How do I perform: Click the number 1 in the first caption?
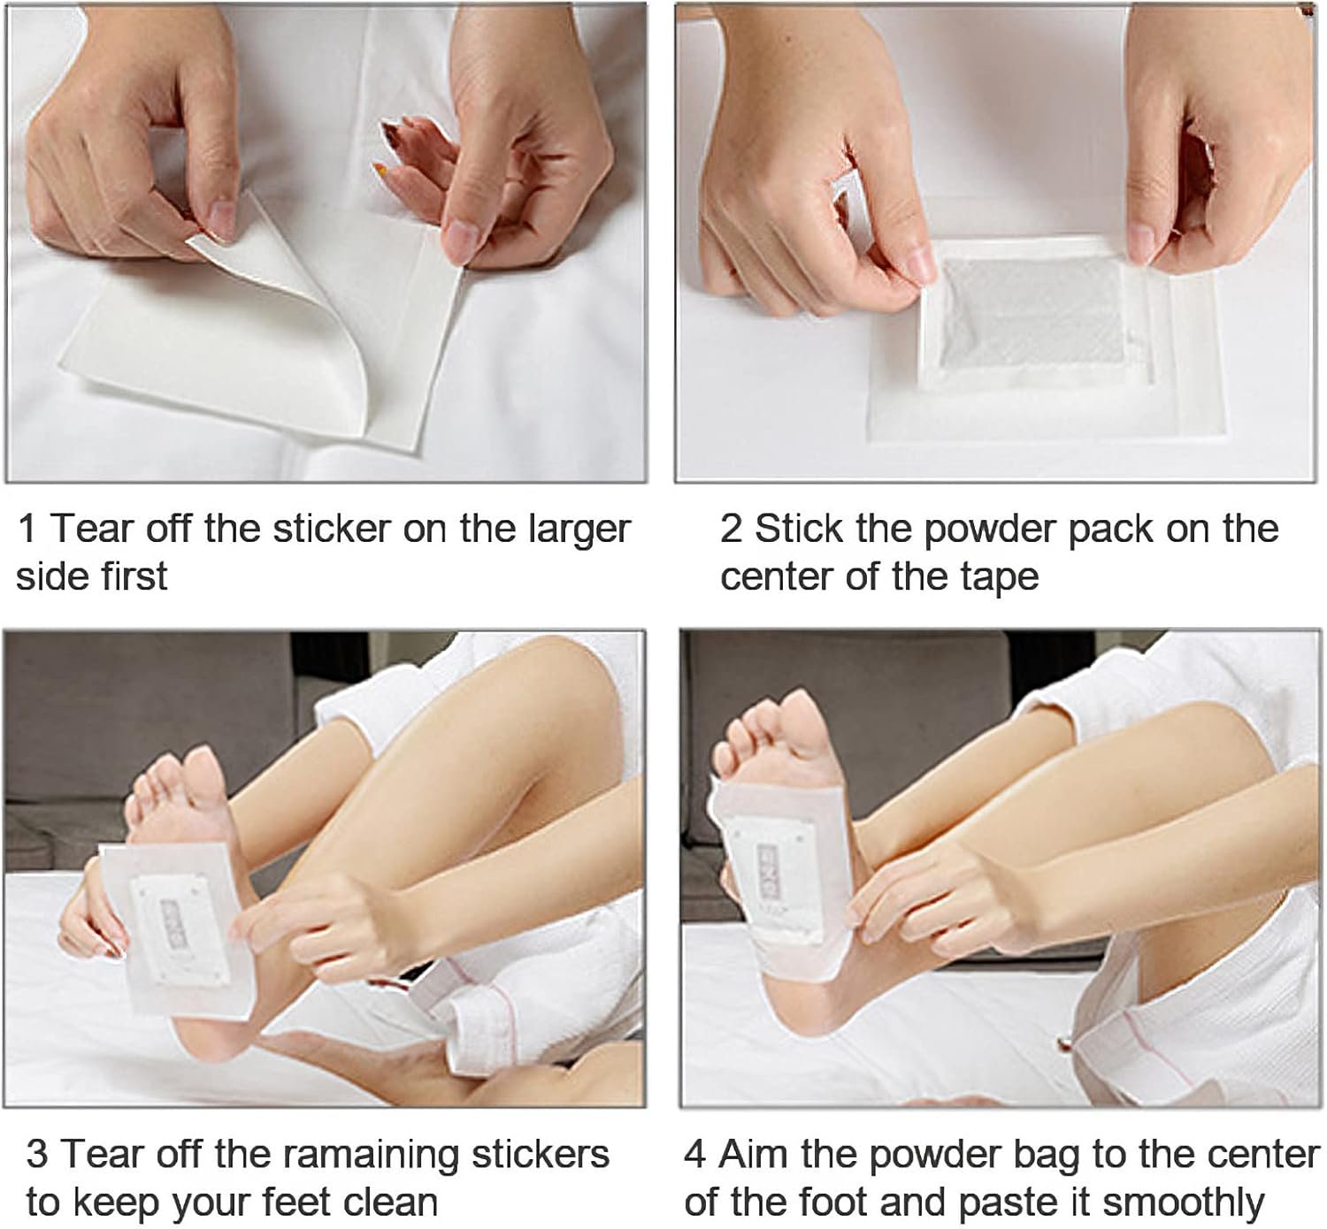27,529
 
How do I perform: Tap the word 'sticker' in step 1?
332,529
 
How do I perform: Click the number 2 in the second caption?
731,529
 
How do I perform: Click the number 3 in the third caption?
37,1154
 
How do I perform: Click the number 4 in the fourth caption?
695,1154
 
